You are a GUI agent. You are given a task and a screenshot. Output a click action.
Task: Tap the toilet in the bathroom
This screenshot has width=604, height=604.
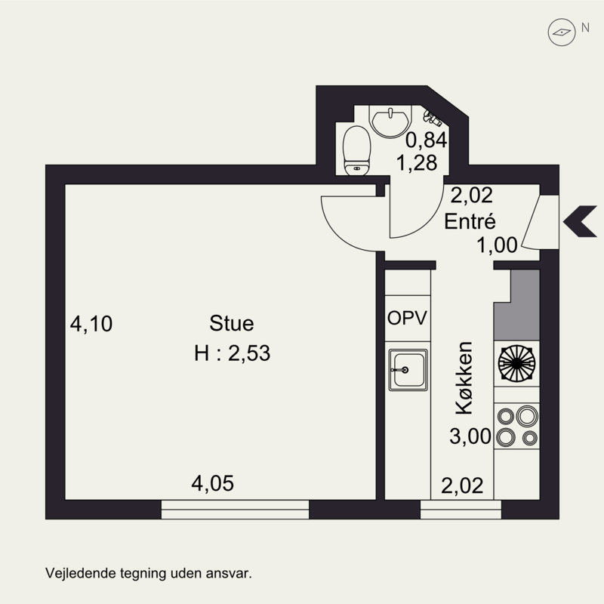(x=355, y=149)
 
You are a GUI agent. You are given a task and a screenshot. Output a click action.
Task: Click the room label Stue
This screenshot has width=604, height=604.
(x=232, y=324)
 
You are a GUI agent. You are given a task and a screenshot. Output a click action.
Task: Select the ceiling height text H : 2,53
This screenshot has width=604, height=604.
(x=232, y=353)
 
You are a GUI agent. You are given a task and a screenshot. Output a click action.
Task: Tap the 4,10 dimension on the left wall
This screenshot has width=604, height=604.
(x=91, y=325)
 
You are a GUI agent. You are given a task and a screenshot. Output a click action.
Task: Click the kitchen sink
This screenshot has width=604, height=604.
(x=408, y=371)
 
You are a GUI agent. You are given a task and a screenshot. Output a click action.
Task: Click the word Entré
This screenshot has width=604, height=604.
(x=470, y=222)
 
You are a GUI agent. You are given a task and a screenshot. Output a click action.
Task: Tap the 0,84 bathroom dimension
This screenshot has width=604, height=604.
(x=427, y=140)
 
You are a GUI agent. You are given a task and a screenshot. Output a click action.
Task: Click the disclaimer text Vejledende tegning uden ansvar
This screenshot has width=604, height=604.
(x=148, y=573)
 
